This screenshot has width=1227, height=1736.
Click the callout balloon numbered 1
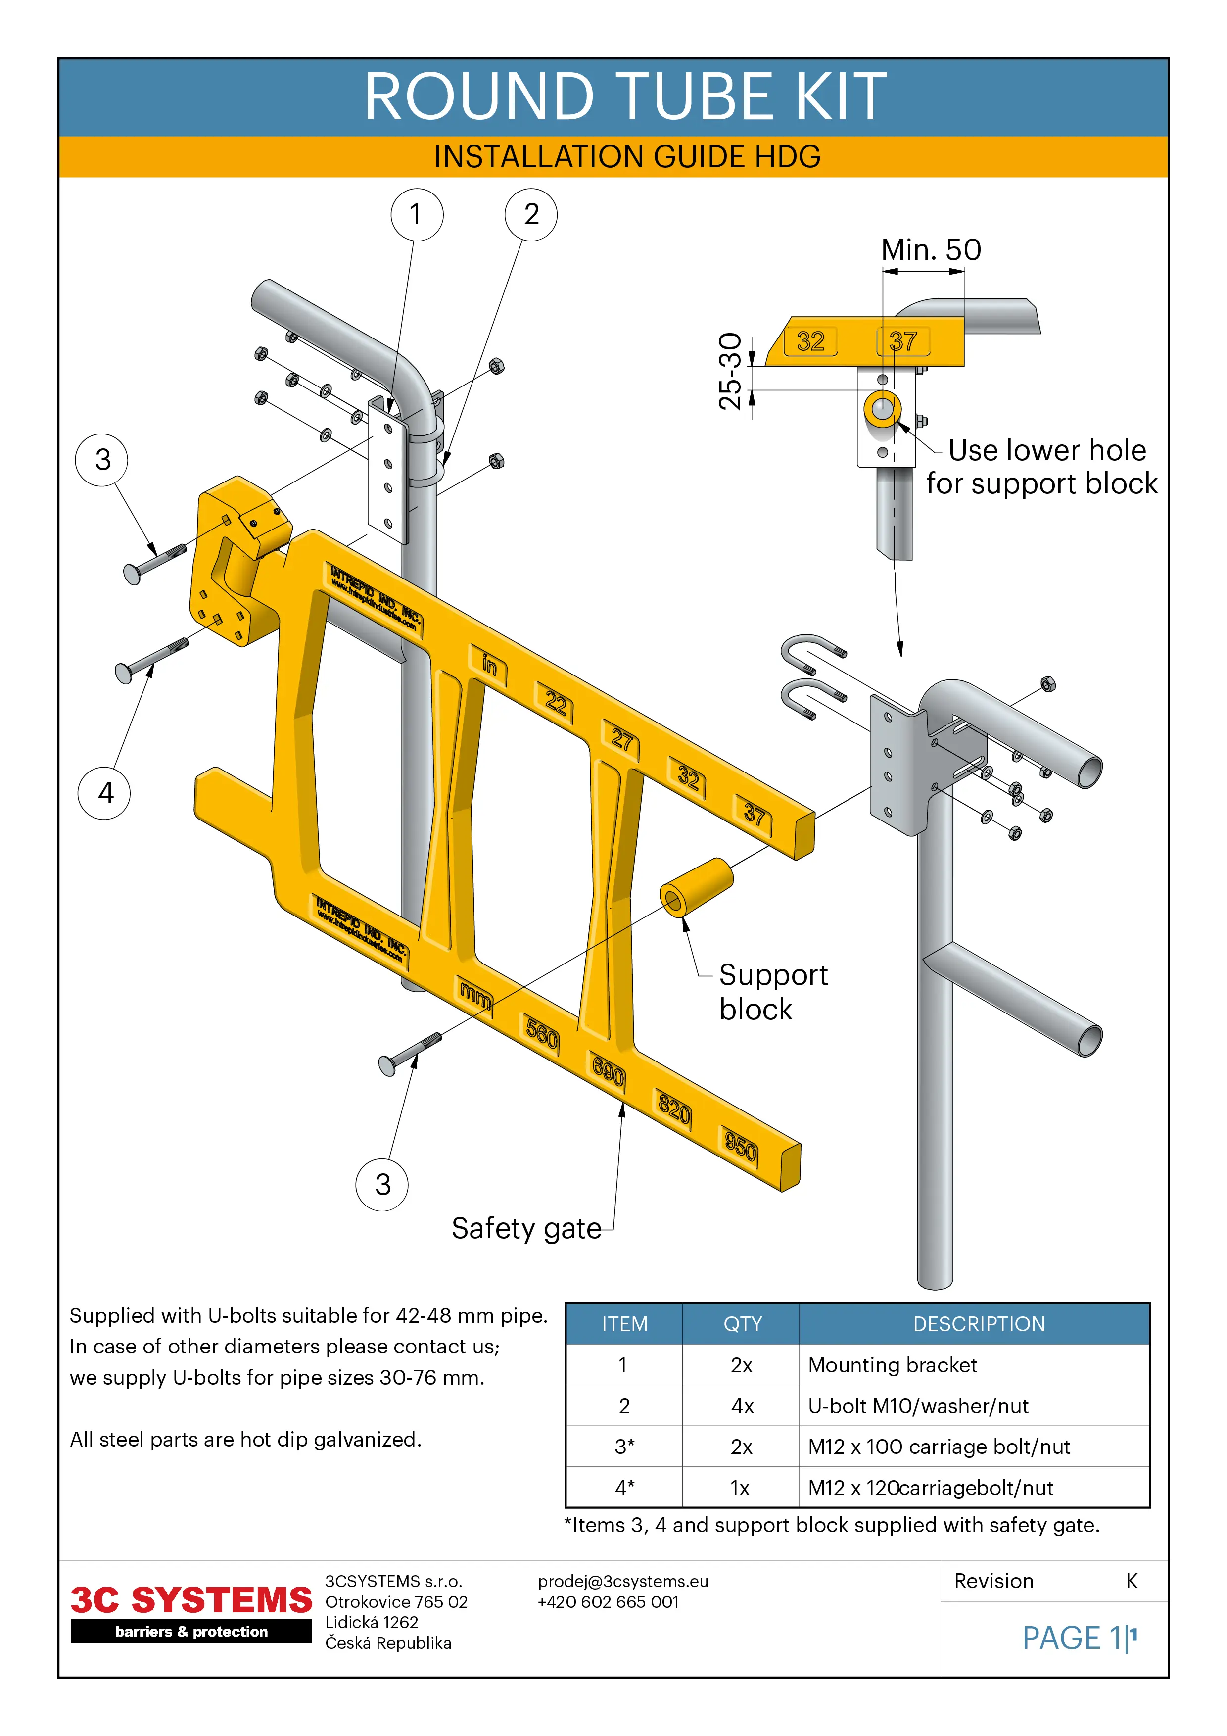(417, 215)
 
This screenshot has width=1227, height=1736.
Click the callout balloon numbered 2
(531, 215)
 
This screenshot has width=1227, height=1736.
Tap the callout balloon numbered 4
(104, 792)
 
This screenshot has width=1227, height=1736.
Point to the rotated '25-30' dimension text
(730, 371)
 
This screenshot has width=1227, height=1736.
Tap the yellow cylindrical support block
(696, 886)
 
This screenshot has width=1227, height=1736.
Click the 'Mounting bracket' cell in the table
(892, 1365)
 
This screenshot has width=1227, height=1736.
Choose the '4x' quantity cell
(742, 1406)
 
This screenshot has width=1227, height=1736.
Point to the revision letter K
(1131, 1581)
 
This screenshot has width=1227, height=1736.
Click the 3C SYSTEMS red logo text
(191, 1601)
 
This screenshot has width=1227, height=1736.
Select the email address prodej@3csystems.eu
(623, 1581)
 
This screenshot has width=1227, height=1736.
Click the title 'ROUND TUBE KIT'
(626, 97)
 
